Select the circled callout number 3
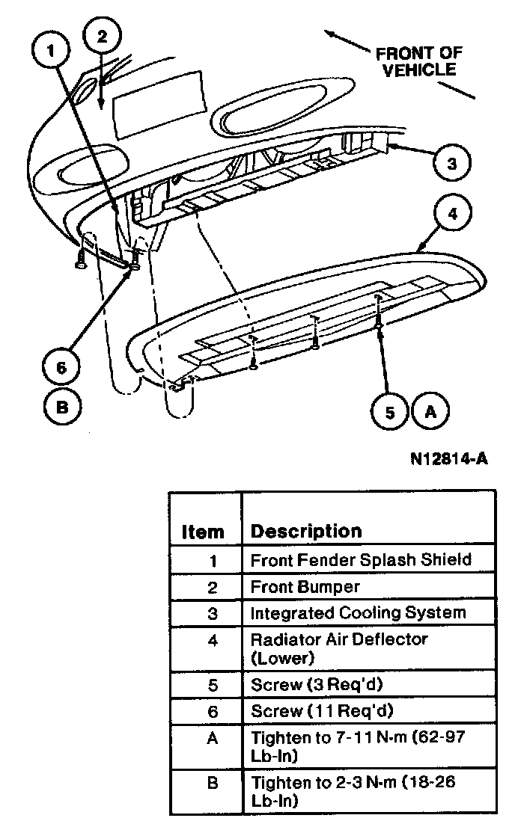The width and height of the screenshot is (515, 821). [451, 163]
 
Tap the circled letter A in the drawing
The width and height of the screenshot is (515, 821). [430, 410]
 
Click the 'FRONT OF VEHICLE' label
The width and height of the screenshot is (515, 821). [418, 61]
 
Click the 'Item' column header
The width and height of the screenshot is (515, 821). [203, 532]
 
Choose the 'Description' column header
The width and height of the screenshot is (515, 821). [306, 531]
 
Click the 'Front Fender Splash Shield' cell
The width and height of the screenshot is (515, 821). [361, 559]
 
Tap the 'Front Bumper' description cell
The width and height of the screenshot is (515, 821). [305, 587]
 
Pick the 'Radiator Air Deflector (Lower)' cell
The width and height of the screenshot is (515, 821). [338, 648]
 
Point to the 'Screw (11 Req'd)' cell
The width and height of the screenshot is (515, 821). [322, 710]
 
